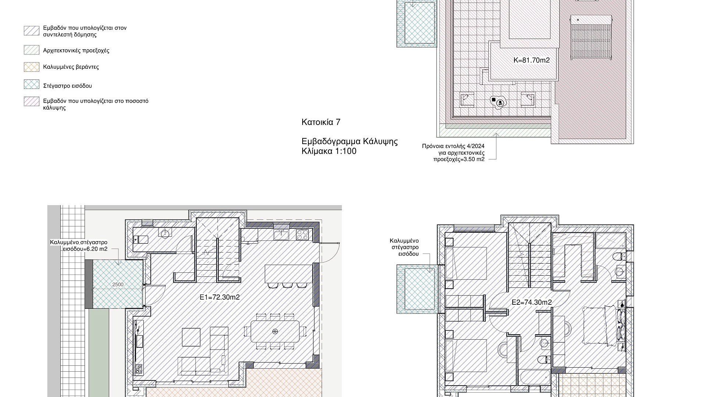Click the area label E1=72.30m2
(220, 297)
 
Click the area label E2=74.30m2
(532, 302)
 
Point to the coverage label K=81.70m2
(531, 60)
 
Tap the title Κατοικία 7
(321, 122)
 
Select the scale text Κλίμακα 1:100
(329, 151)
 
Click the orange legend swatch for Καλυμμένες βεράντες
(32, 67)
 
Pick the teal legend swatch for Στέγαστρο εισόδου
(32, 84)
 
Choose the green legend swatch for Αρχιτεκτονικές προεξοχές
(32, 50)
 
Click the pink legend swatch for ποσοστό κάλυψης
(32, 101)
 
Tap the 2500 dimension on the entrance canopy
(118, 285)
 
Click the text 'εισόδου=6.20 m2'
(85, 249)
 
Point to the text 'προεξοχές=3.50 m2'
(459, 159)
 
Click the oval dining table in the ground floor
(275, 331)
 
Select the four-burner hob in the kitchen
(302, 234)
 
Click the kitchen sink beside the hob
(282, 234)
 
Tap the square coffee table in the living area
(191, 337)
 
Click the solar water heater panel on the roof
(591, 37)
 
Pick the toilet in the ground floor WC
(140, 240)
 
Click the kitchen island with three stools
(289, 273)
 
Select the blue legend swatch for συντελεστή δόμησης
(32, 31)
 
